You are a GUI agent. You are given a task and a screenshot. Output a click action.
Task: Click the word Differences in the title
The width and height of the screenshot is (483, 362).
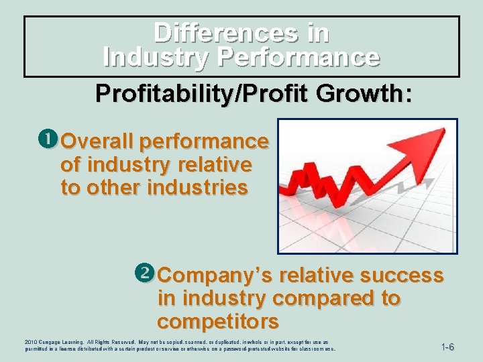click(225, 32)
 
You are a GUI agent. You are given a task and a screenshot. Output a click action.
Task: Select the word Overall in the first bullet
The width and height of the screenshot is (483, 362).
click(97, 141)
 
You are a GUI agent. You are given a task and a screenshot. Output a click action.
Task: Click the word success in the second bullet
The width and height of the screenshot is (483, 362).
click(403, 276)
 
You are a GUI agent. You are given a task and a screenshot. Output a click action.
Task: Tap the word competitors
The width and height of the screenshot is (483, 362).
click(218, 321)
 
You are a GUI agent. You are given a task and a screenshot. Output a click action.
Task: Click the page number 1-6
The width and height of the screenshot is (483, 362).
click(447, 347)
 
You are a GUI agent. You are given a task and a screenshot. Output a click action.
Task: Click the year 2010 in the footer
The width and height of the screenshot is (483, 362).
click(31, 342)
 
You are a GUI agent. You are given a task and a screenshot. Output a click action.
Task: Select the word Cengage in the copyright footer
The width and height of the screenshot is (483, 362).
click(53, 342)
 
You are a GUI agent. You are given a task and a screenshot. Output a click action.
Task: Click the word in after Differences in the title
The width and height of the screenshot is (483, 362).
click(317, 32)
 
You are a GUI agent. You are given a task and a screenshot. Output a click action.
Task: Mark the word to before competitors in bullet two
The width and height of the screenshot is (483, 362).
click(390, 298)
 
